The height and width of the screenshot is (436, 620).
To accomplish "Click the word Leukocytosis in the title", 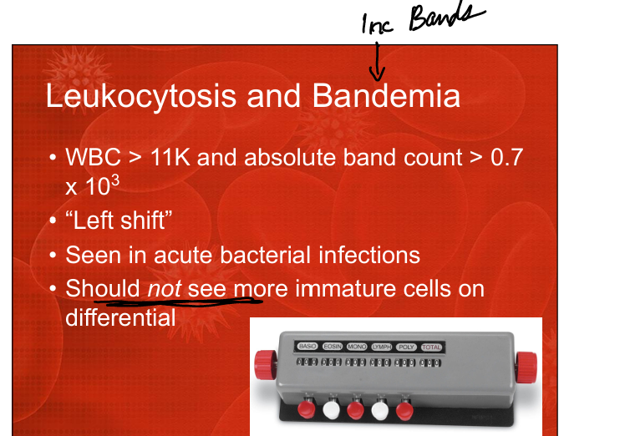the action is [x=140, y=97].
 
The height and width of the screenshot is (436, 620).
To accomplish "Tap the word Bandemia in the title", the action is [x=386, y=95].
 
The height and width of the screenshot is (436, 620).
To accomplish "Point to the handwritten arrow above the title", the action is [x=377, y=61].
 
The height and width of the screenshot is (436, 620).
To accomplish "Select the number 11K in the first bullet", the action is [x=170, y=157].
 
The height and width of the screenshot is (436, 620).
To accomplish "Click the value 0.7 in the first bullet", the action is [x=507, y=157].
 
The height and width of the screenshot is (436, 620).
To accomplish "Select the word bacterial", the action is [x=265, y=255].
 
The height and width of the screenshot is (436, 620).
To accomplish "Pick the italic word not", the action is [x=164, y=288].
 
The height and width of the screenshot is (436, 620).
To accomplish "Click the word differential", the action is [x=120, y=317].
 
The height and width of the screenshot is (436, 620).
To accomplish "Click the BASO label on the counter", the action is [x=307, y=347].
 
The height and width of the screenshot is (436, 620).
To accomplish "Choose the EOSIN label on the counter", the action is [x=333, y=347].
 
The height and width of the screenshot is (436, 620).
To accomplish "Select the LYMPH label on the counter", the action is [x=382, y=347].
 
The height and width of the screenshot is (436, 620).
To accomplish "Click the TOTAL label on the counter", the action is [x=431, y=347].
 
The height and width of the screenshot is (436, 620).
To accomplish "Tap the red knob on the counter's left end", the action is [x=266, y=364].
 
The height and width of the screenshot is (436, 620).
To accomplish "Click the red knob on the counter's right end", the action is [x=526, y=368].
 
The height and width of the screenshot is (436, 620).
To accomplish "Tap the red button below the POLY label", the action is [x=404, y=411].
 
